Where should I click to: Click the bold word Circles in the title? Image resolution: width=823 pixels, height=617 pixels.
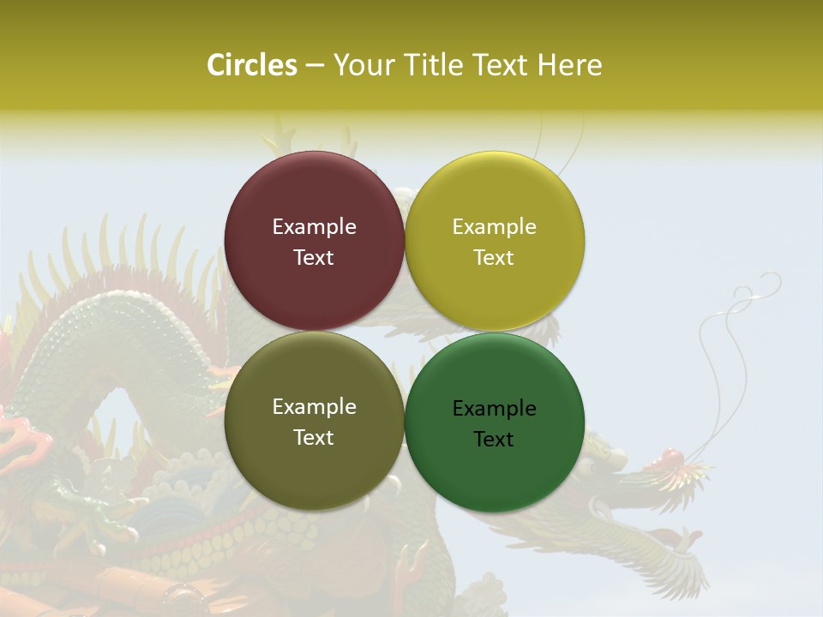pos(251,65)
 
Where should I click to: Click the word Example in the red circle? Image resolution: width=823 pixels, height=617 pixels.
pos(314,226)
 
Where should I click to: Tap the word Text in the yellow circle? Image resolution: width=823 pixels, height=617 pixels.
pos(494,258)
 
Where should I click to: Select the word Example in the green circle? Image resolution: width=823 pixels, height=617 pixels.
pos(494,408)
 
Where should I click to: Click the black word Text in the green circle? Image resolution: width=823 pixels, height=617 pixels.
pos(494,440)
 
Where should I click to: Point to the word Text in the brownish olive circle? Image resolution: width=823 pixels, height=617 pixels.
pos(314,438)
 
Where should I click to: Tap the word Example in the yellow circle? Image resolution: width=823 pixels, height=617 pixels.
pos(494,226)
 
